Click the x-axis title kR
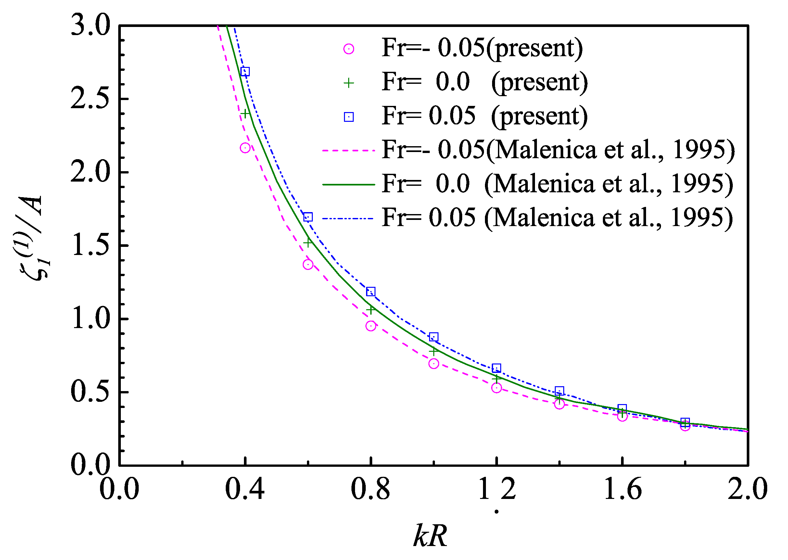point(430,536)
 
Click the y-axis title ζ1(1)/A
point(31,238)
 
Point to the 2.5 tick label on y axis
point(90,99)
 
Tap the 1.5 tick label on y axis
point(90,246)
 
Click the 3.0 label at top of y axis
point(90,26)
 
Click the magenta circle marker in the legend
point(349,49)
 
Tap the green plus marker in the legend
point(349,83)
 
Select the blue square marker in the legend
point(349,117)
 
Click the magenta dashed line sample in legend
point(348,151)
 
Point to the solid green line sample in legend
point(348,185)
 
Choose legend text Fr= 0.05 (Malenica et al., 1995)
point(557,218)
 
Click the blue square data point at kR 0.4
point(245,71)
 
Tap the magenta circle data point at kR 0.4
point(245,148)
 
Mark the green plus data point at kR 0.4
point(245,113)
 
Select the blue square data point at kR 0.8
point(370,292)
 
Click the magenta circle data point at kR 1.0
point(434,363)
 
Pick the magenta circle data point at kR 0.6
point(308,264)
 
